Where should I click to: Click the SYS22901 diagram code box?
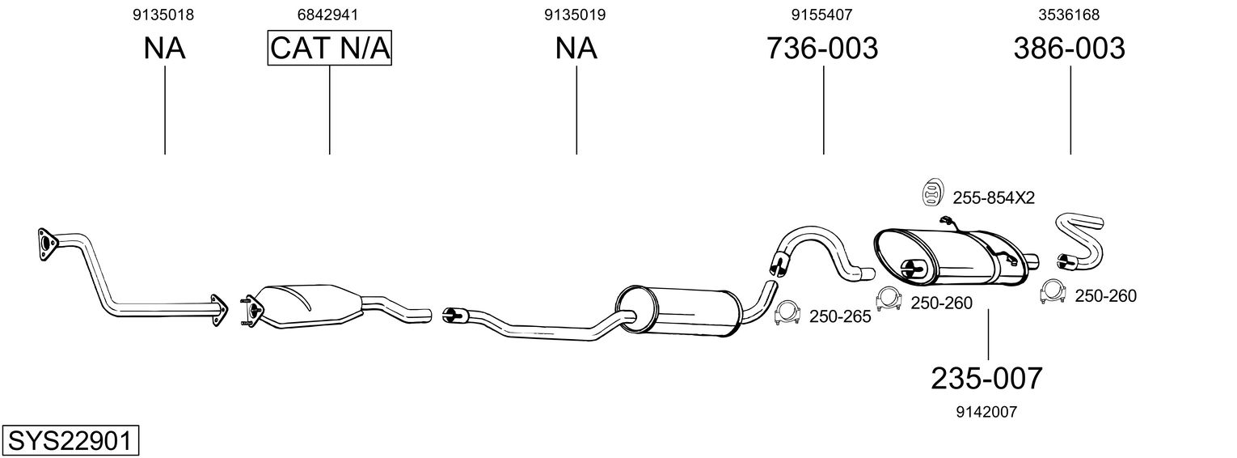(70, 441)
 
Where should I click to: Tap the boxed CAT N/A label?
(330, 49)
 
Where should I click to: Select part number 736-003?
(822, 49)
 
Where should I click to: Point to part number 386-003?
(1069, 49)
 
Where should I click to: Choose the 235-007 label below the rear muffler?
(987, 378)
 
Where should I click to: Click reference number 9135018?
(165, 15)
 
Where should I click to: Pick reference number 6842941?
(329, 15)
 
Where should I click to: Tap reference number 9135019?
(576, 15)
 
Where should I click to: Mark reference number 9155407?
(822, 15)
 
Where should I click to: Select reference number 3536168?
(1069, 15)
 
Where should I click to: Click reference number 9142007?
(986, 412)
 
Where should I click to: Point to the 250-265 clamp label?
(840, 317)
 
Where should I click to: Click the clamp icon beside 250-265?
(787, 314)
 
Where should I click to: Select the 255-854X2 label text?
(993, 197)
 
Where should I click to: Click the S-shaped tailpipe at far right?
(1079, 239)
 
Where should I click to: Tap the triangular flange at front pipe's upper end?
(47, 243)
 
